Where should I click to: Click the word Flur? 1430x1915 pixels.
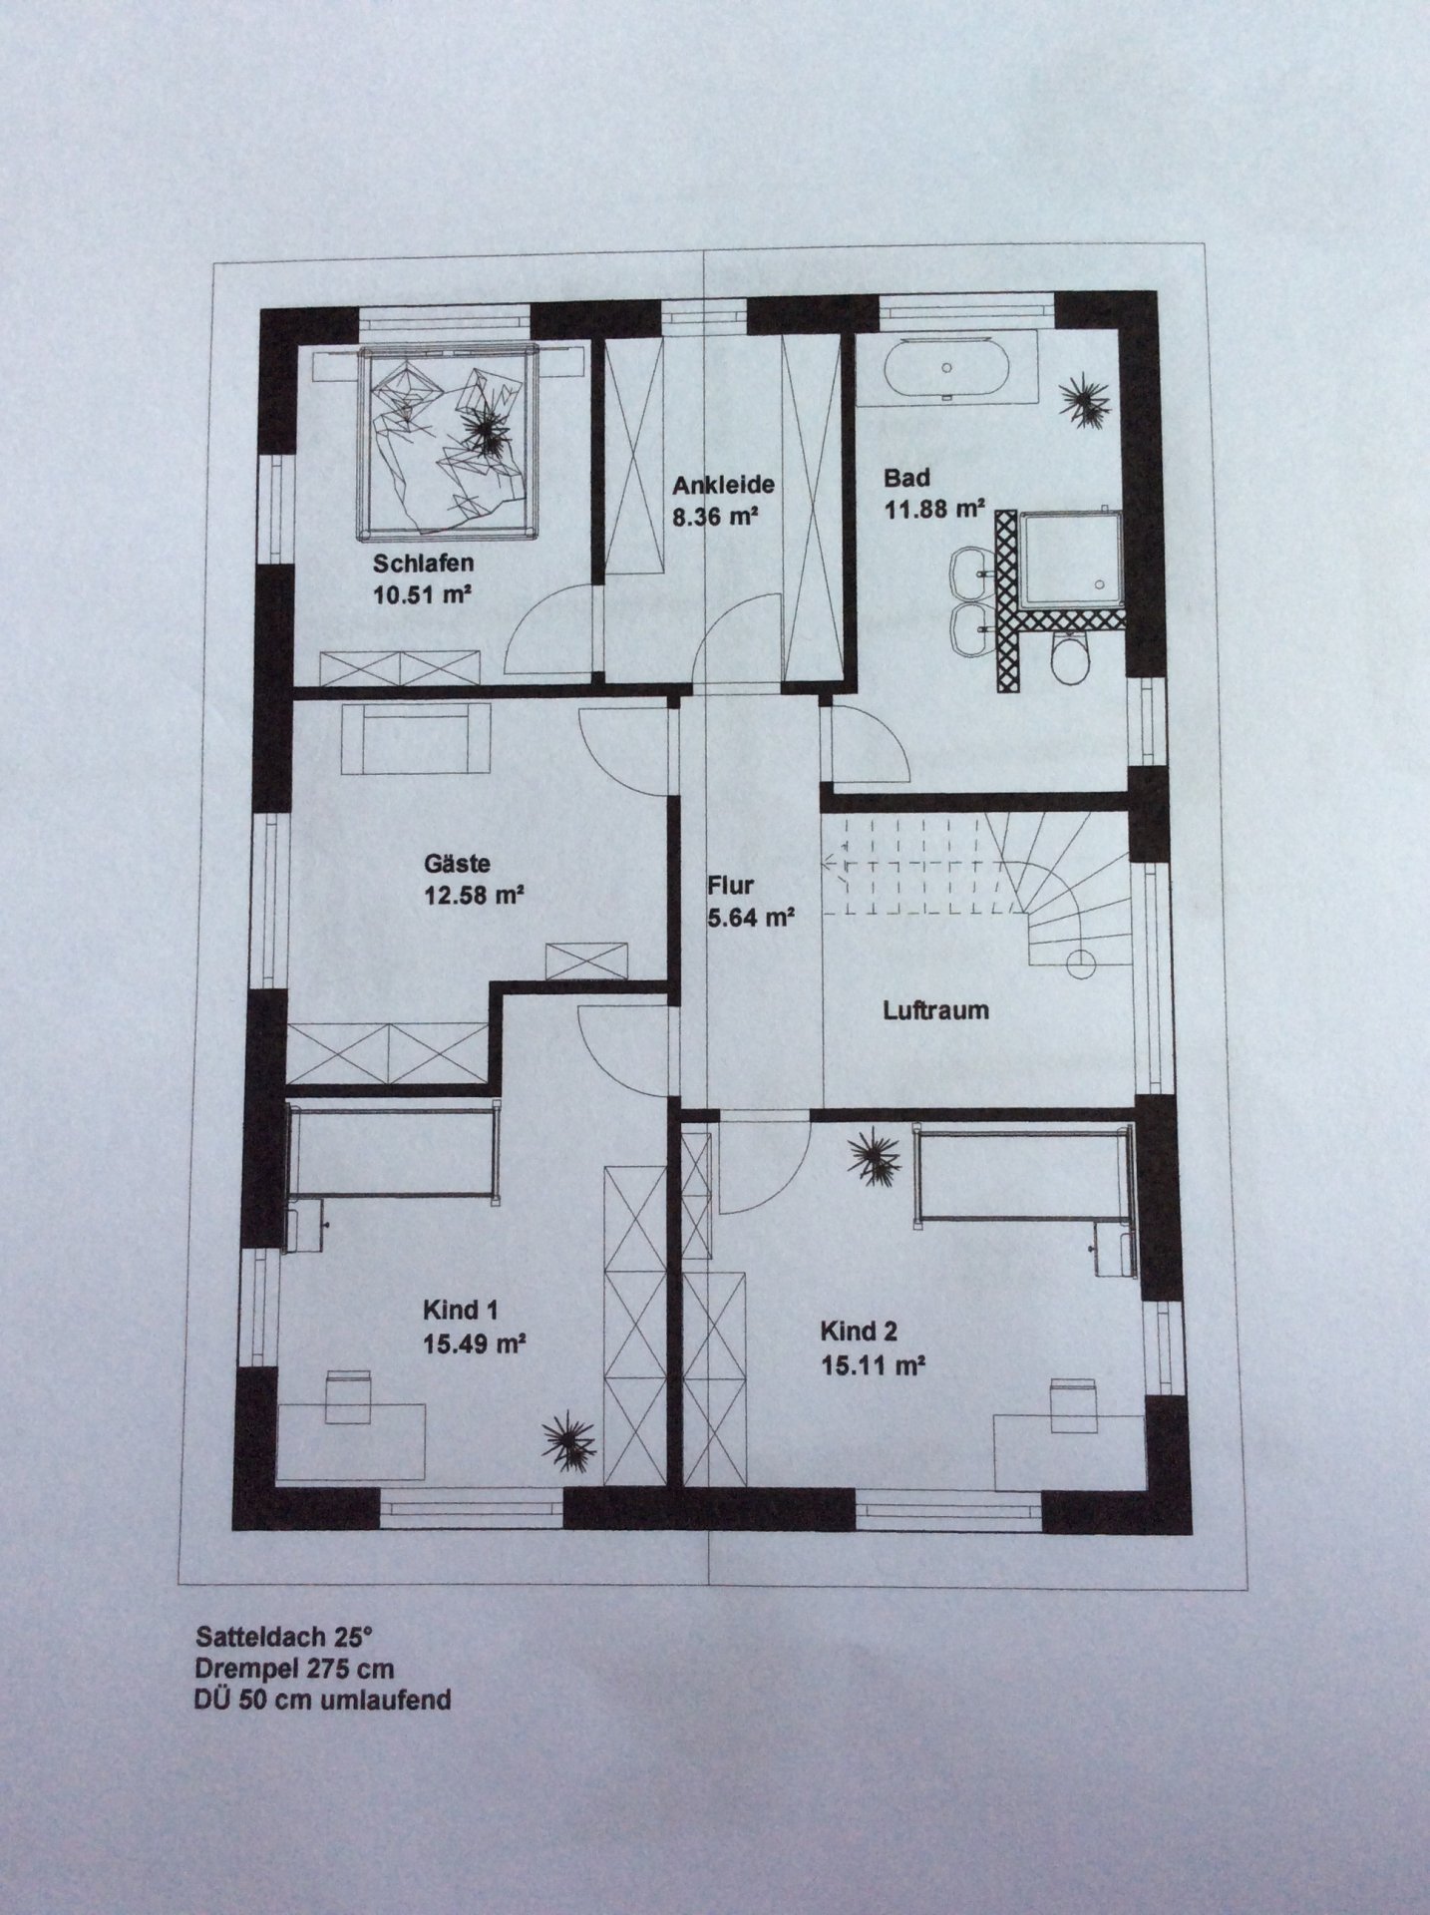click(730, 885)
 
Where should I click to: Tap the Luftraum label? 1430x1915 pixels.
click(935, 1010)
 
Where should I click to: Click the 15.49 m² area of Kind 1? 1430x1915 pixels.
click(474, 1343)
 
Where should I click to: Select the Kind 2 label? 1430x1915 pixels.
click(859, 1332)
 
